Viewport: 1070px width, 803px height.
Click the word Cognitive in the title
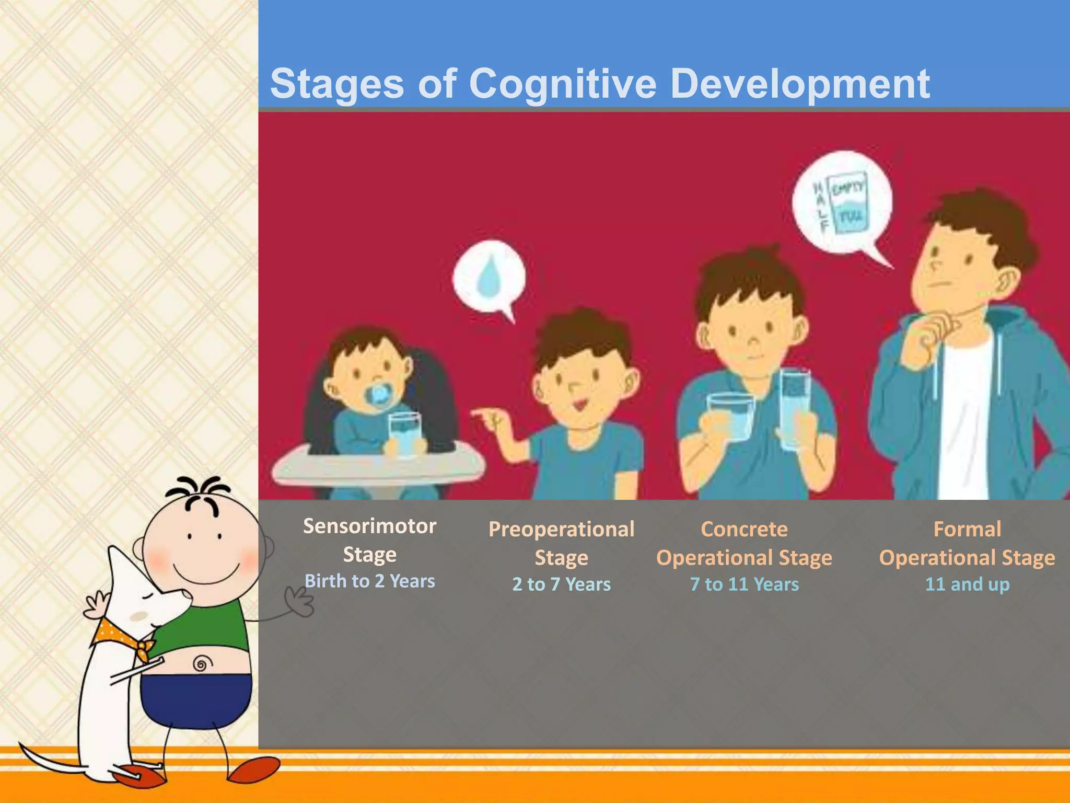click(562, 85)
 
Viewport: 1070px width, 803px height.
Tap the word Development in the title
click(799, 84)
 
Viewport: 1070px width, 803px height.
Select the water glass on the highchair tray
click(404, 433)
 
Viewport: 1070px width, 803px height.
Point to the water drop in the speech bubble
click(489, 277)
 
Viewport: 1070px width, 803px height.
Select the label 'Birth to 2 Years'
click(369, 581)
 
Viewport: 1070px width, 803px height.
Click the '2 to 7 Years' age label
click(561, 584)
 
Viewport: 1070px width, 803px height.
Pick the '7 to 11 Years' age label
click(744, 584)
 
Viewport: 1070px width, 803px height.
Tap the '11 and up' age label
click(967, 584)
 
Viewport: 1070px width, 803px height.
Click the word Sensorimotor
click(369, 526)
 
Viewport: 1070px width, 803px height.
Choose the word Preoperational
click(561, 530)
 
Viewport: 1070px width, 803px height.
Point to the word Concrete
click(744, 530)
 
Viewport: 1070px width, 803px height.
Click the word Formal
click(967, 530)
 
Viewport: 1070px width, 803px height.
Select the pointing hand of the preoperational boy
click(489, 418)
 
